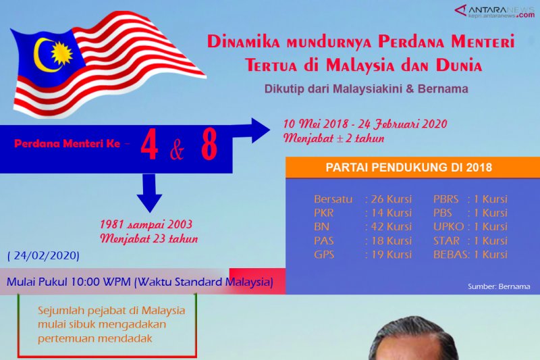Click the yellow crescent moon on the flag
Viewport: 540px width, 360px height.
tap(42, 54)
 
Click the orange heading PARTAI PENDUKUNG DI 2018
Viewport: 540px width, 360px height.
tap(408, 168)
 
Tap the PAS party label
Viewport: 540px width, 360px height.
tap(324, 241)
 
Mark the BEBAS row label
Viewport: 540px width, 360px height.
tap(451, 255)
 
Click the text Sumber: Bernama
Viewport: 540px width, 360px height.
tap(498, 286)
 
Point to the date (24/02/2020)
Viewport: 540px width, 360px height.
tap(43, 256)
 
